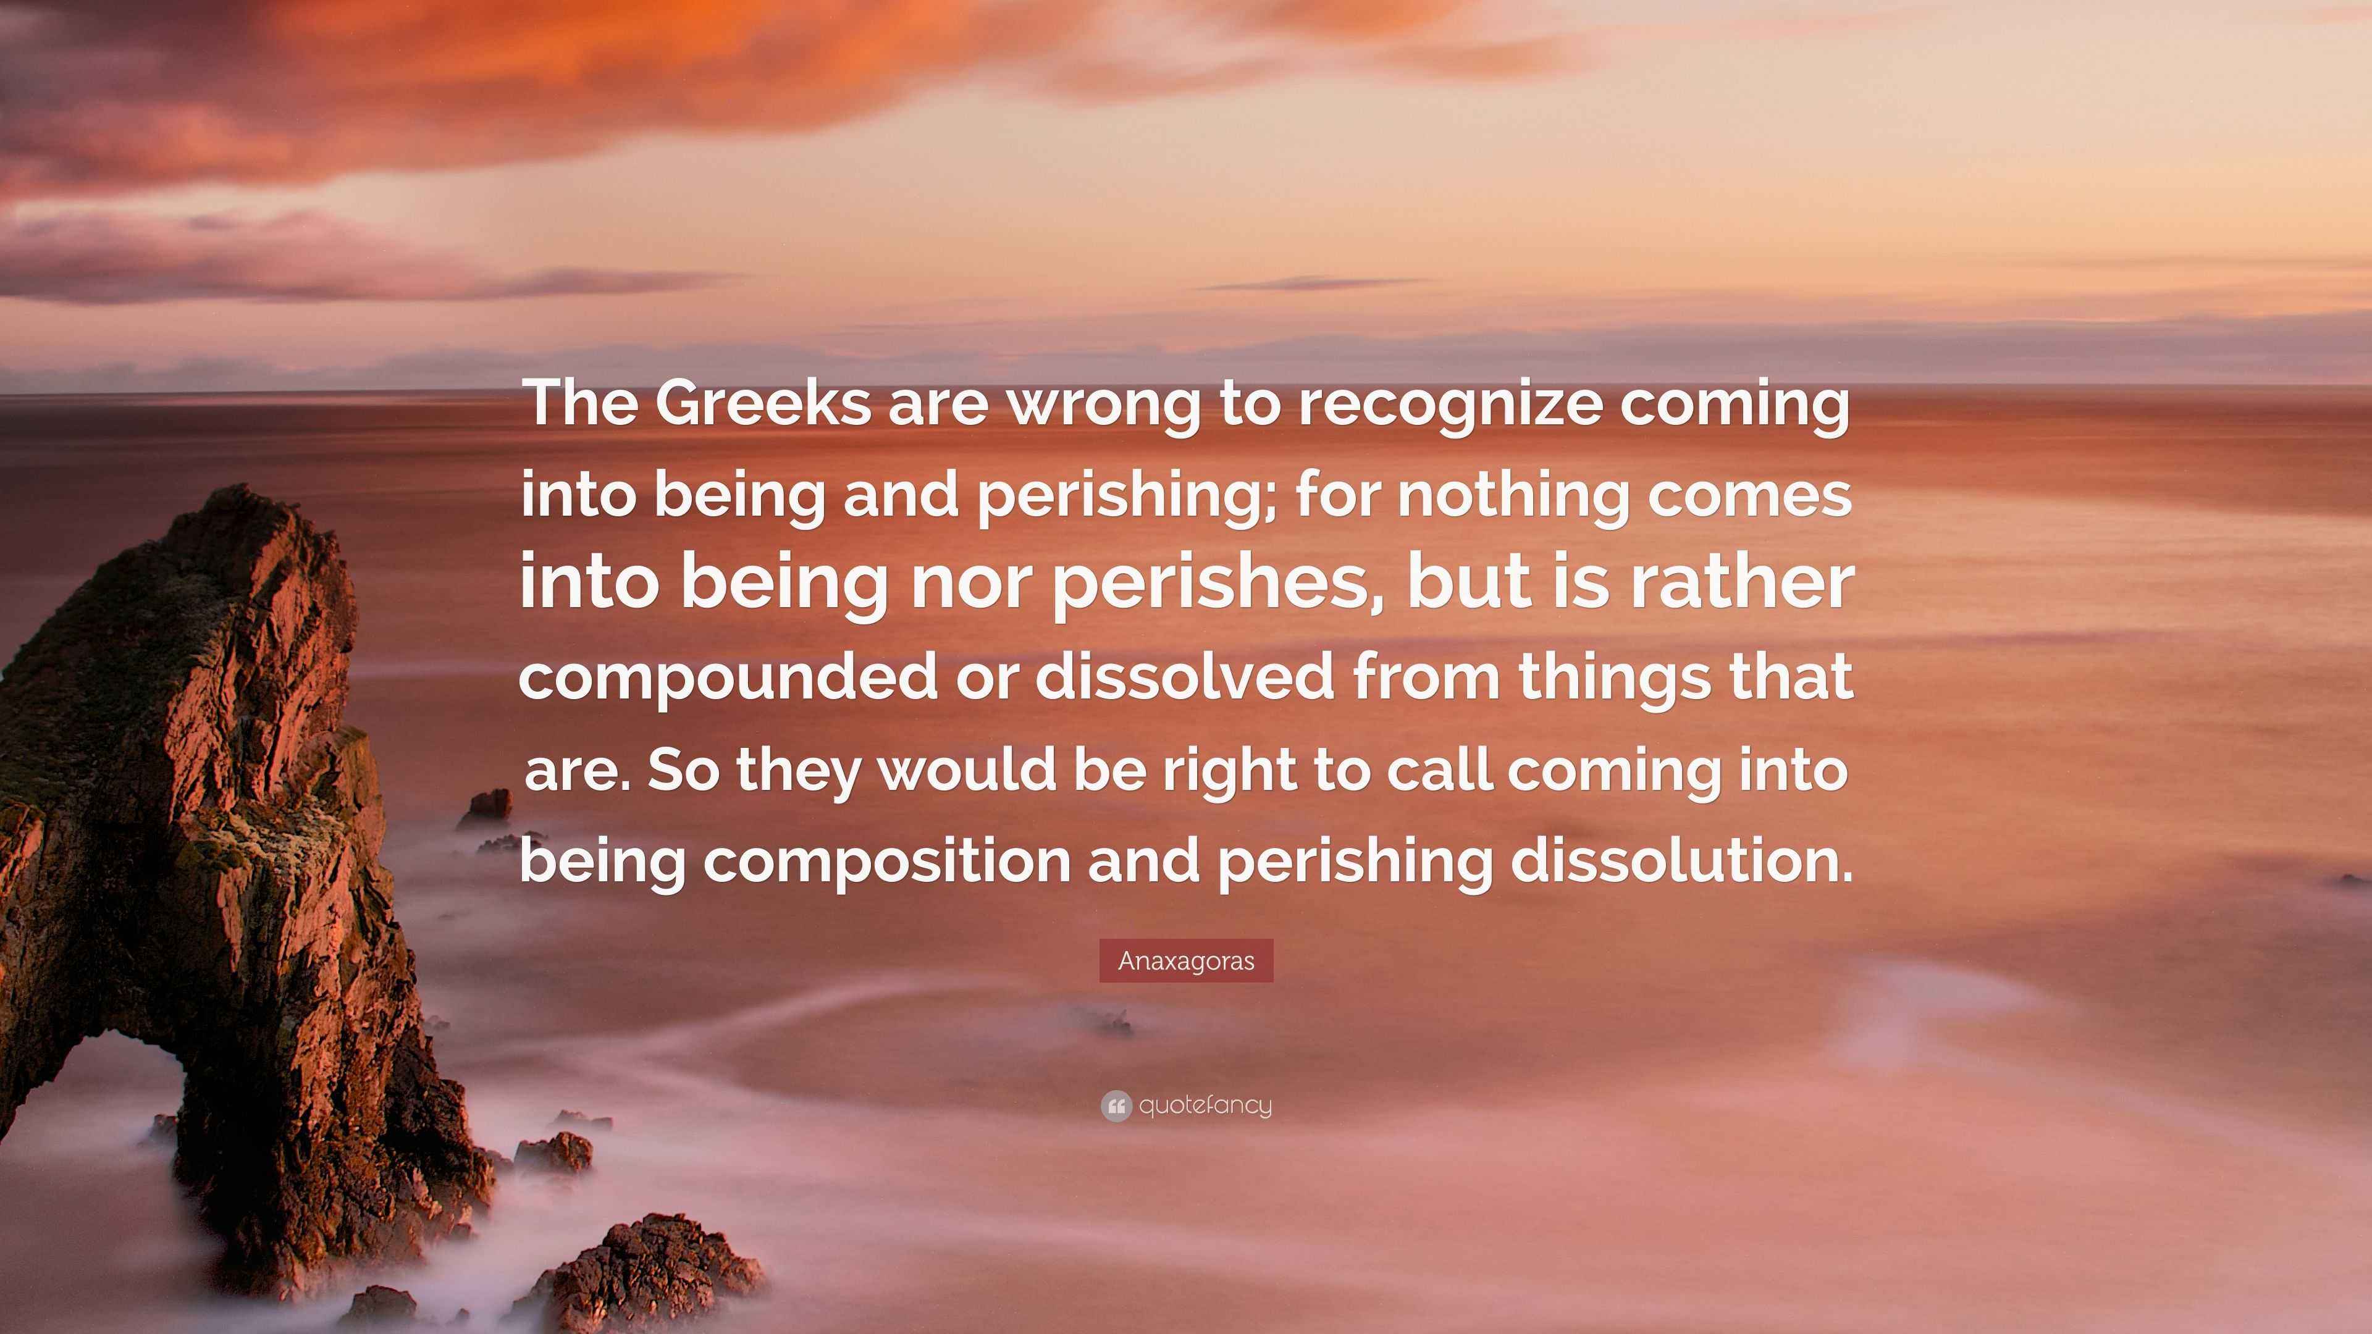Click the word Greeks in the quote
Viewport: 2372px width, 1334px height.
pyautogui.click(x=762, y=403)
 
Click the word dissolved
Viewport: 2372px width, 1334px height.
pyautogui.click(x=1184, y=675)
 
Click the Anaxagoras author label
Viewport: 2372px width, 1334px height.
pyautogui.click(x=1186, y=960)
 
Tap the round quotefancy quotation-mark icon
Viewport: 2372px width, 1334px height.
pyautogui.click(x=1116, y=1105)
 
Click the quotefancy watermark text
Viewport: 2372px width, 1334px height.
pyautogui.click(x=1205, y=1105)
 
